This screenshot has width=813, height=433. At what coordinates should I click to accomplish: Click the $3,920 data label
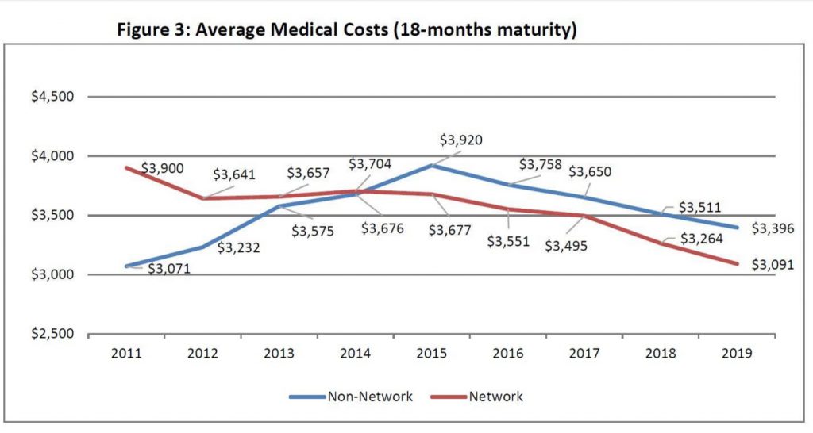click(460, 140)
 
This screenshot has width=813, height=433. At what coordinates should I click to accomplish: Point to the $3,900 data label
click(163, 169)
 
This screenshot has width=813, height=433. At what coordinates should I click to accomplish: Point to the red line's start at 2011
click(127, 167)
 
